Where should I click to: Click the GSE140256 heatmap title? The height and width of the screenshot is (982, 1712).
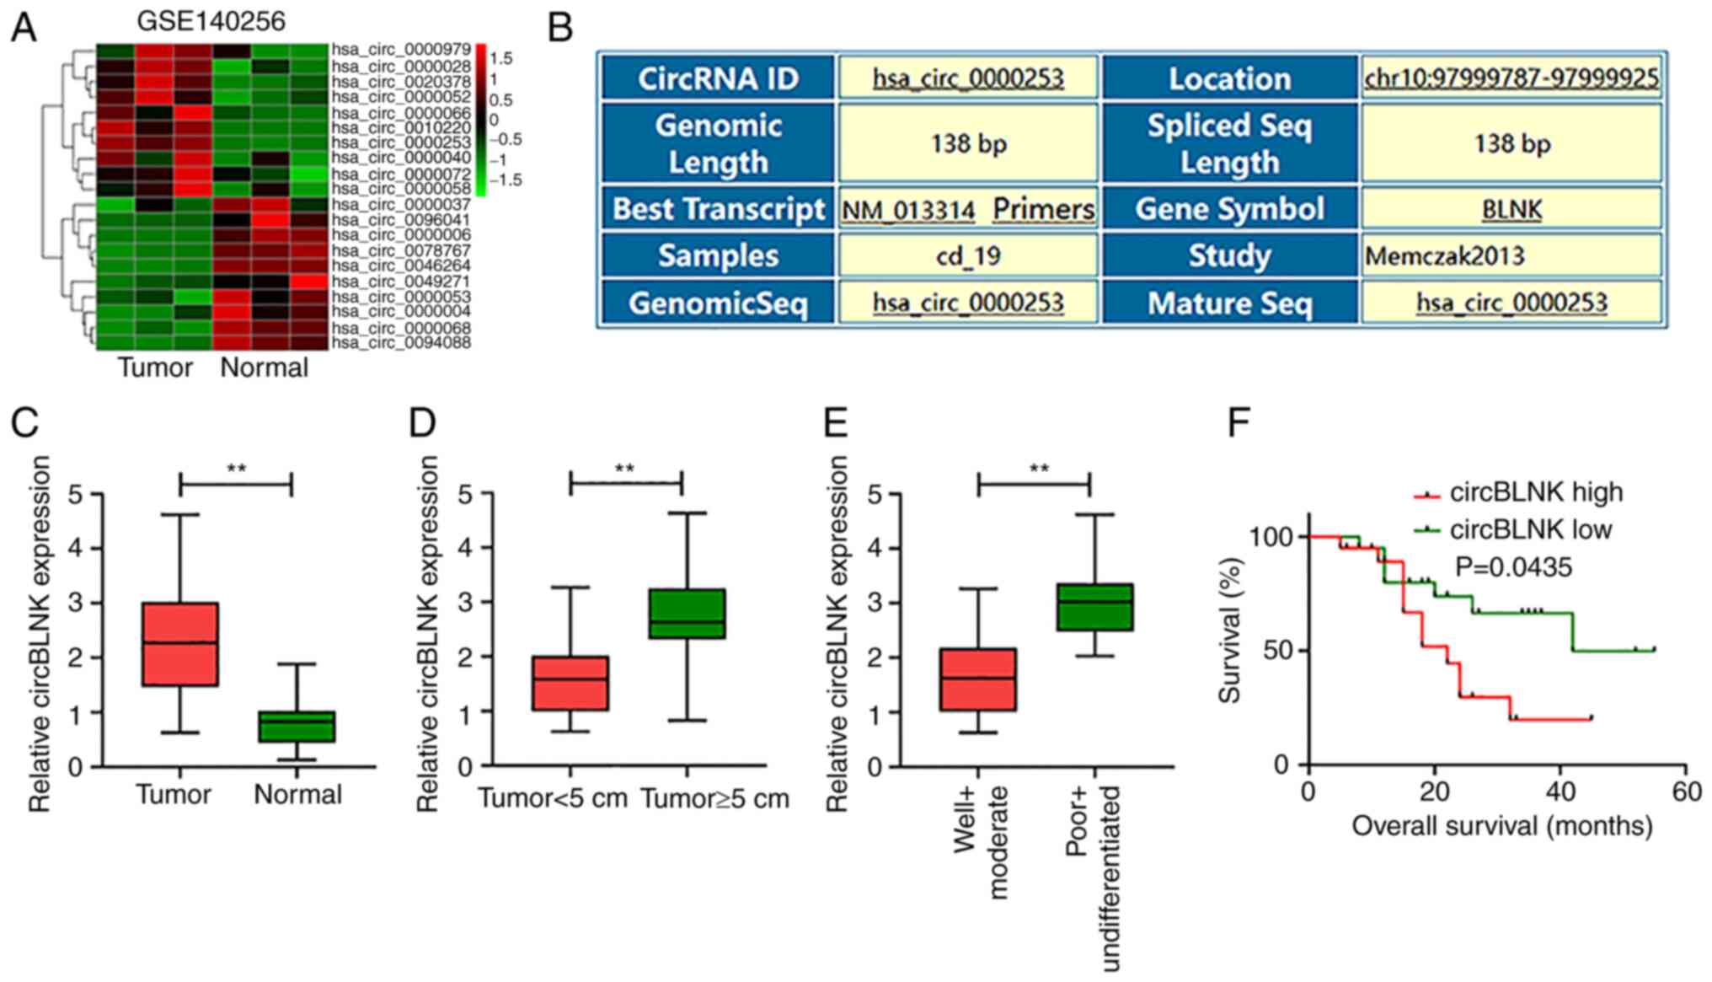coord(211,20)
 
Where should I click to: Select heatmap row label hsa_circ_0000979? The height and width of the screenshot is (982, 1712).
coord(401,51)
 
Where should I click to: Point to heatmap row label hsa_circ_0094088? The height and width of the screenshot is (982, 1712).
coord(401,343)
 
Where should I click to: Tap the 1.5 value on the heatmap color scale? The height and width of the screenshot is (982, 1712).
coord(501,59)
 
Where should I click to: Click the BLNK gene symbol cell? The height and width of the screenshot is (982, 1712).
coord(1511,209)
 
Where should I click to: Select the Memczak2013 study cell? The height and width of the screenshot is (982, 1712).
coord(1445,256)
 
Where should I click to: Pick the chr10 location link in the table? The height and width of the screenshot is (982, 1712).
coord(1511,78)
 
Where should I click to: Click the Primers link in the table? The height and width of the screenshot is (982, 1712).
coord(1044,209)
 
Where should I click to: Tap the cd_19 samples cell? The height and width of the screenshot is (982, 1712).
coord(968,256)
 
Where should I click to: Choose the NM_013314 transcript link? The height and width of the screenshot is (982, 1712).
coord(908,210)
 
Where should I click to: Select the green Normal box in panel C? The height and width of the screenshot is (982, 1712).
coord(297,727)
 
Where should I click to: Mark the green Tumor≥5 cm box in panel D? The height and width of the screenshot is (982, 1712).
coord(687,614)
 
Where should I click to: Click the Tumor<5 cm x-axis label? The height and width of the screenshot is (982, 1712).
coord(553,797)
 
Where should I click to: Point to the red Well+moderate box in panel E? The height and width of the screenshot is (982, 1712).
coord(978,679)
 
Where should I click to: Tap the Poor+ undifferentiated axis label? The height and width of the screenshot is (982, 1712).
coord(1094,877)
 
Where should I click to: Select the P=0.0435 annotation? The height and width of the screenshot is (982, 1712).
coord(1513,567)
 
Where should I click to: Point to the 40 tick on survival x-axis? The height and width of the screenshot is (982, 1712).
coord(1560,792)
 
